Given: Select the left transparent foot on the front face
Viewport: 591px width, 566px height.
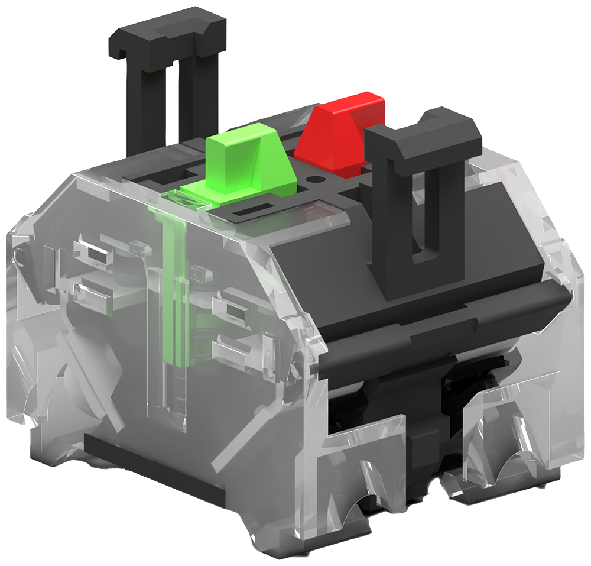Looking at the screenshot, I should point(361,467).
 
